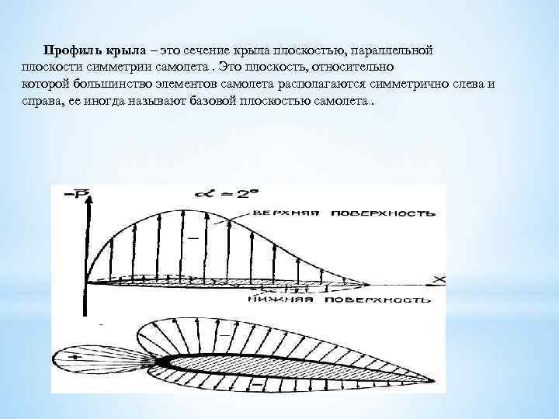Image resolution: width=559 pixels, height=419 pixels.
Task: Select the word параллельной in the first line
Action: [391, 49]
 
